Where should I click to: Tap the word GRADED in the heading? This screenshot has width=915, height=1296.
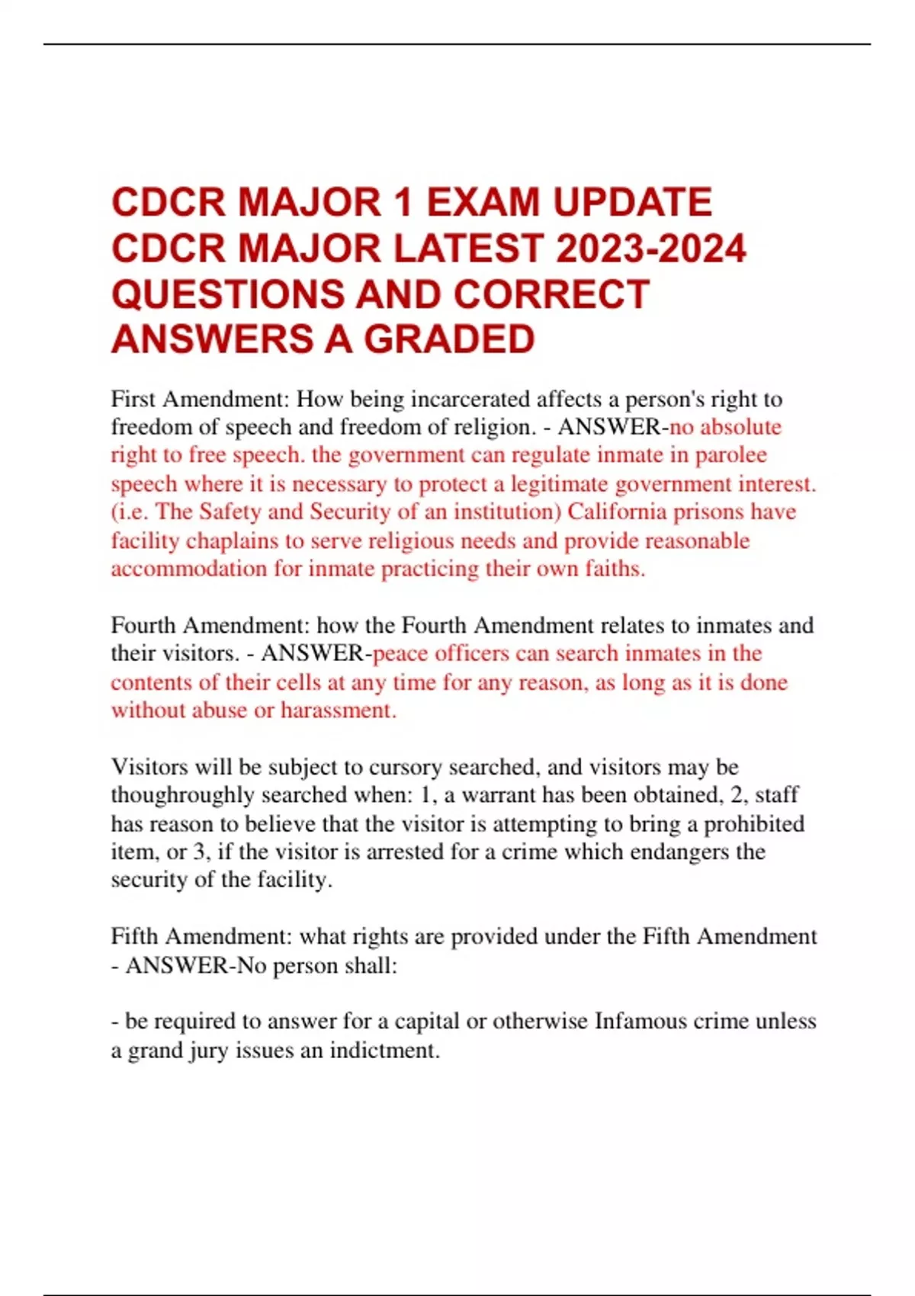point(449,340)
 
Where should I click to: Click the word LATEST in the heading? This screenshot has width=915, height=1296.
point(469,249)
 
